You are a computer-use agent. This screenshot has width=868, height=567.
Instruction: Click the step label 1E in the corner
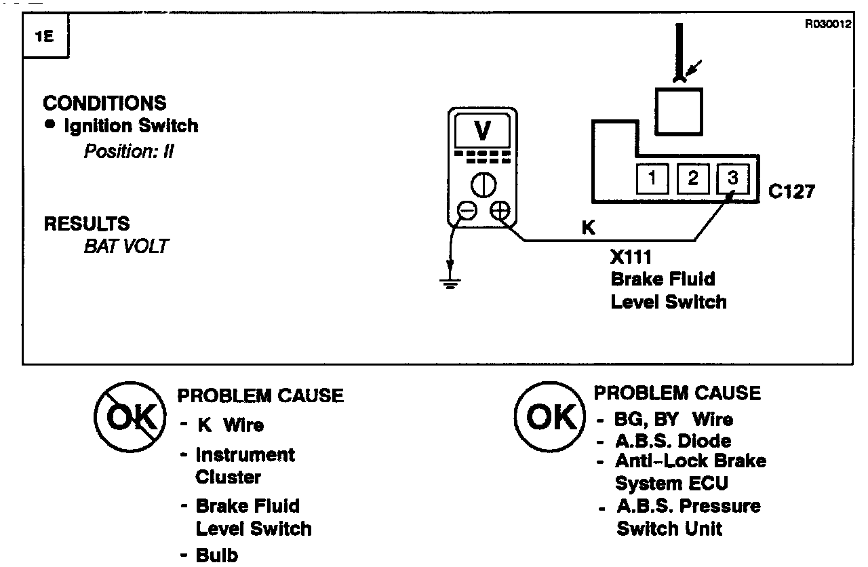pyautogui.click(x=45, y=37)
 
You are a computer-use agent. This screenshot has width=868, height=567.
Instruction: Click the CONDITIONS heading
pyautogui.click(x=104, y=103)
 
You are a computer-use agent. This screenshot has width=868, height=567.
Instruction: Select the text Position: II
pyautogui.click(x=129, y=151)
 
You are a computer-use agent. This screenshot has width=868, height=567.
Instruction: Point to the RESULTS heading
pyautogui.click(x=87, y=224)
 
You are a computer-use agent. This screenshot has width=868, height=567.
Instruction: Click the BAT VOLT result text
pyautogui.click(x=125, y=246)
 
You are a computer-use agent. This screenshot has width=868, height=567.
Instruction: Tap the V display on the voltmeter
pyautogui.click(x=483, y=131)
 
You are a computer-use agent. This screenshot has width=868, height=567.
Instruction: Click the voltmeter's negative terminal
pyautogui.click(x=467, y=211)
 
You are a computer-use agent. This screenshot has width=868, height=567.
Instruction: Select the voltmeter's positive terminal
pyautogui.click(x=500, y=211)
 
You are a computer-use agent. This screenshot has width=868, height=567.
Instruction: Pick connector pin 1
pyautogui.click(x=652, y=179)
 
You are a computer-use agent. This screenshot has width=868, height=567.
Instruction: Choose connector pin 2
pyautogui.click(x=692, y=179)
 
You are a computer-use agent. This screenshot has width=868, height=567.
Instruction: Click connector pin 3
pyautogui.click(x=732, y=179)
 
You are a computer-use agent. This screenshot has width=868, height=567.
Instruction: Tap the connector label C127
pyautogui.click(x=792, y=192)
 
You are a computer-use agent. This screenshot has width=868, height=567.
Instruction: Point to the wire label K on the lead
pyautogui.click(x=588, y=229)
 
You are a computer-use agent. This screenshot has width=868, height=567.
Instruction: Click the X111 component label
pyautogui.click(x=630, y=258)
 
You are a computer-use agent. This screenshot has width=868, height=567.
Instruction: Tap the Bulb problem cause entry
pyautogui.click(x=216, y=555)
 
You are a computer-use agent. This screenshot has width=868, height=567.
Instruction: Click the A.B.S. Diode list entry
pyautogui.click(x=673, y=440)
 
